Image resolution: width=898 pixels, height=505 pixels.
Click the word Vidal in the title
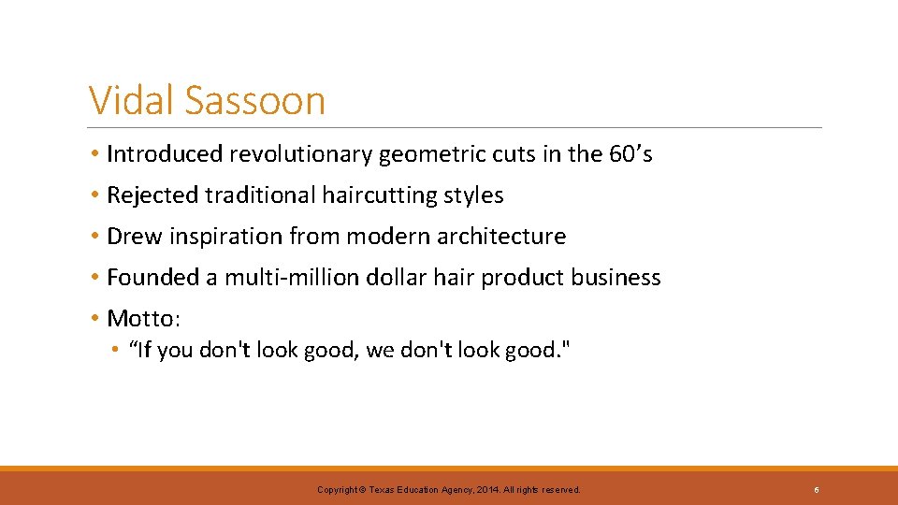130,100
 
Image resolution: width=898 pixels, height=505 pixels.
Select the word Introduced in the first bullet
165,153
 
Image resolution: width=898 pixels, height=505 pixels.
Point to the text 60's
630,153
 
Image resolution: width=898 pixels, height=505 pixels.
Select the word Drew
135,236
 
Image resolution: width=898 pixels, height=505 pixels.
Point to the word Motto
141,318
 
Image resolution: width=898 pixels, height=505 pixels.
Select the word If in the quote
144,351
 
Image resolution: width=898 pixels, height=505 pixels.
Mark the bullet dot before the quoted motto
112,351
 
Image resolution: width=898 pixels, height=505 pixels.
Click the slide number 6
817,489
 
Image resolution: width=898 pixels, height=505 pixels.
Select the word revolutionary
301,153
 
